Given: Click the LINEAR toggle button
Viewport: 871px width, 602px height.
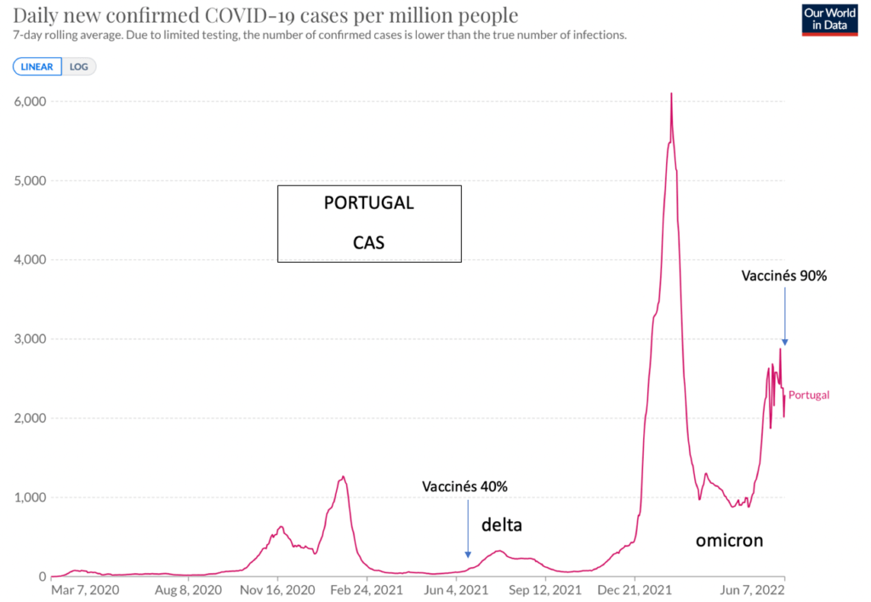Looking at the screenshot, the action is pyautogui.click(x=37, y=66).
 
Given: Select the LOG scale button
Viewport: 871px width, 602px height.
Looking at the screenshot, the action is pyautogui.click(x=79, y=66).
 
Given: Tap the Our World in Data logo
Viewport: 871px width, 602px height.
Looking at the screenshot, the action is pyautogui.click(x=829, y=20).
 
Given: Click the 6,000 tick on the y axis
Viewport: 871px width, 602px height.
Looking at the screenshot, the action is pyautogui.click(x=30, y=101).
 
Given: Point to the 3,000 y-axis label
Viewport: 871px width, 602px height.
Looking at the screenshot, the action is pyautogui.click(x=30, y=338).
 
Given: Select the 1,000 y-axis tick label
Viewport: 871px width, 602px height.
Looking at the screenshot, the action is pyautogui.click(x=30, y=497).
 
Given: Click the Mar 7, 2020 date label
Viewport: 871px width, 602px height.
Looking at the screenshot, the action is pyautogui.click(x=85, y=590).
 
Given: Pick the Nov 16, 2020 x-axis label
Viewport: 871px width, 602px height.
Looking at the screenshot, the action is pyautogui.click(x=277, y=590).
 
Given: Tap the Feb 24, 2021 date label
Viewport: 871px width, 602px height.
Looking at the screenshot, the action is pyautogui.click(x=367, y=590).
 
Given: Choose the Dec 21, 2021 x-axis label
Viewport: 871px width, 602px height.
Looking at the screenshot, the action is pyautogui.click(x=635, y=590).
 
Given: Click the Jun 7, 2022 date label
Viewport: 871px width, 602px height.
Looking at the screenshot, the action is pyautogui.click(x=753, y=590).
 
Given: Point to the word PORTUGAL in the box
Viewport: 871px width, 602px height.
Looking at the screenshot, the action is pyautogui.click(x=369, y=202).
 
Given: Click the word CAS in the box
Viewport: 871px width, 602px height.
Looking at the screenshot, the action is pyautogui.click(x=369, y=242).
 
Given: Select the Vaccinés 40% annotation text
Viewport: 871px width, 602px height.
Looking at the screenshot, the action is pyautogui.click(x=464, y=486).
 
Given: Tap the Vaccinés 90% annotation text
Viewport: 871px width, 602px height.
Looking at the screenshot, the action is pyautogui.click(x=783, y=275).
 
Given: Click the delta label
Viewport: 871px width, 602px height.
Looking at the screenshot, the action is pyautogui.click(x=502, y=525).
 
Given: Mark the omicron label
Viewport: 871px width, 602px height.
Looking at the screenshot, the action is pyautogui.click(x=729, y=541).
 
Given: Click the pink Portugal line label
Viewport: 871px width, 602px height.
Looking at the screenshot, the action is pyautogui.click(x=809, y=395).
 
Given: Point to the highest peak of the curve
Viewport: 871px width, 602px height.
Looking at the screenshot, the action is pyautogui.click(x=672, y=94).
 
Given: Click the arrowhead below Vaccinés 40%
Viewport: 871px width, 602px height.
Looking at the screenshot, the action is pyautogui.click(x=468, y=554).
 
